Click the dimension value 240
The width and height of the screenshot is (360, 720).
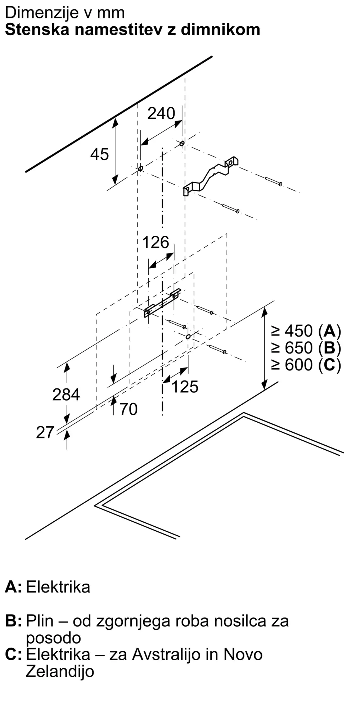point(161,113)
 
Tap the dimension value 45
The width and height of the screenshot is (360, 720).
point(99,154)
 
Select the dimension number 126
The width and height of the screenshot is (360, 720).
point(156,242)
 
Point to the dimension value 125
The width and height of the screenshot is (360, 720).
point(185,387)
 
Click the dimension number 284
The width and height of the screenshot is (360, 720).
point(66,395)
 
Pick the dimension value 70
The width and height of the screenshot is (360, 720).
point(128,409)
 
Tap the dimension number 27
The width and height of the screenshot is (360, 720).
point(45,432)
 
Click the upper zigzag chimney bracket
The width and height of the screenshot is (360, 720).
point(211,176)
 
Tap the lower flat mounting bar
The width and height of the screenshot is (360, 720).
point(162,303)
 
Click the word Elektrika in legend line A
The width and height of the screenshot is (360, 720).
point(58,587)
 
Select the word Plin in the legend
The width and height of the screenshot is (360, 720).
point(40,621)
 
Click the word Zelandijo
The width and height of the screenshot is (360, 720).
point(60,671)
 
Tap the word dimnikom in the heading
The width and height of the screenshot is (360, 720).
point(220,30)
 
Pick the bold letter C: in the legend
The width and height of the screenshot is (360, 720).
point(13,654)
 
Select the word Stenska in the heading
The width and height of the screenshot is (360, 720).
point(37,30)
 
